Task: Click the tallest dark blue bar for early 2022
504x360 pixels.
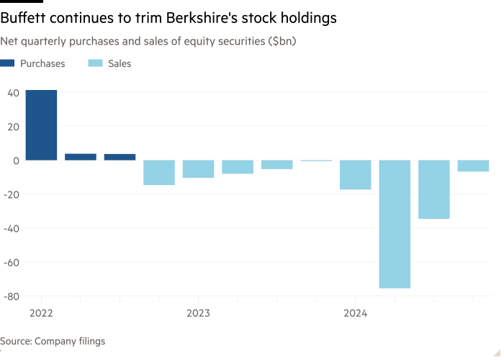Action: coord(41,125)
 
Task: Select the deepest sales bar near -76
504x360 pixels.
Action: coord(395,224)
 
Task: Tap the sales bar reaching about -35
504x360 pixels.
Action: coord(434,189)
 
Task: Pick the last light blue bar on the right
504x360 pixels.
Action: coord(473,166)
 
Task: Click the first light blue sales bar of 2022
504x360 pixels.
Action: coord(159,173)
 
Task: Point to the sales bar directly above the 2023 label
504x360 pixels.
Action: coord(198,169)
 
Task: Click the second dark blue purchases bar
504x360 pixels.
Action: coord(81,156)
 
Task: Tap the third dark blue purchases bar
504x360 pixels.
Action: coord(120,156)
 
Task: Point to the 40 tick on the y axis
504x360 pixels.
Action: coord(13,93)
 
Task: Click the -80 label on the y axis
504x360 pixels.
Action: coord(11,296)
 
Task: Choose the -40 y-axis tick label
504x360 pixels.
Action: coord(11,228)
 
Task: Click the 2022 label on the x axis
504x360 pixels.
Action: coord(41,313)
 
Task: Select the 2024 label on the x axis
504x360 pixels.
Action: coord(355,313)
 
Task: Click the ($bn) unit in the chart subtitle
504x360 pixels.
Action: coord(283,42)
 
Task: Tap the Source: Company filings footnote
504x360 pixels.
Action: coord(53,341)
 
